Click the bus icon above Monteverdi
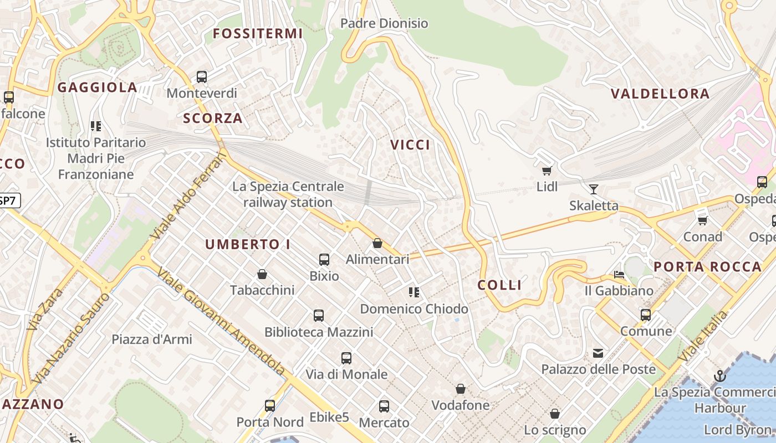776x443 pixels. tap(202, 77)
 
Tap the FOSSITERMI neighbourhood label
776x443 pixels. tap(258, 34)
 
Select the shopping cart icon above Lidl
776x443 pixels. tap(547, 171)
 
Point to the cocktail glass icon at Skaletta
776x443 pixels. tap(594, 189)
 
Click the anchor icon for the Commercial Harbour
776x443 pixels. tap(719, 376)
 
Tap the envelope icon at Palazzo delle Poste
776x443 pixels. tap(598, 353)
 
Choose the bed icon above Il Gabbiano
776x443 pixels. tap(619, 275)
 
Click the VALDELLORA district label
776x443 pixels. tap(660, 94)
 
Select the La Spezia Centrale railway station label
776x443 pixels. tap(288, 194)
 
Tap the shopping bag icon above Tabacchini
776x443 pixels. tap(262, 274)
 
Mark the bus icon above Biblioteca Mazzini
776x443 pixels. tap(319, 316)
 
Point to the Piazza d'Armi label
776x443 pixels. tap(152, 339)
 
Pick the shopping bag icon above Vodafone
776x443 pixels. tap(461, 389)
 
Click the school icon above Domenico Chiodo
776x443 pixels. tap(414, 292)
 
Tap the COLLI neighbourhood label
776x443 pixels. tap(499, 285)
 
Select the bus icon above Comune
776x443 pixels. tap(646, 315)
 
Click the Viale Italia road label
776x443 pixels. tap(703, 336)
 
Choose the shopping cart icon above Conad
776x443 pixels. tap(703, 220)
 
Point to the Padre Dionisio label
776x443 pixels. tap(384, 23)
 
